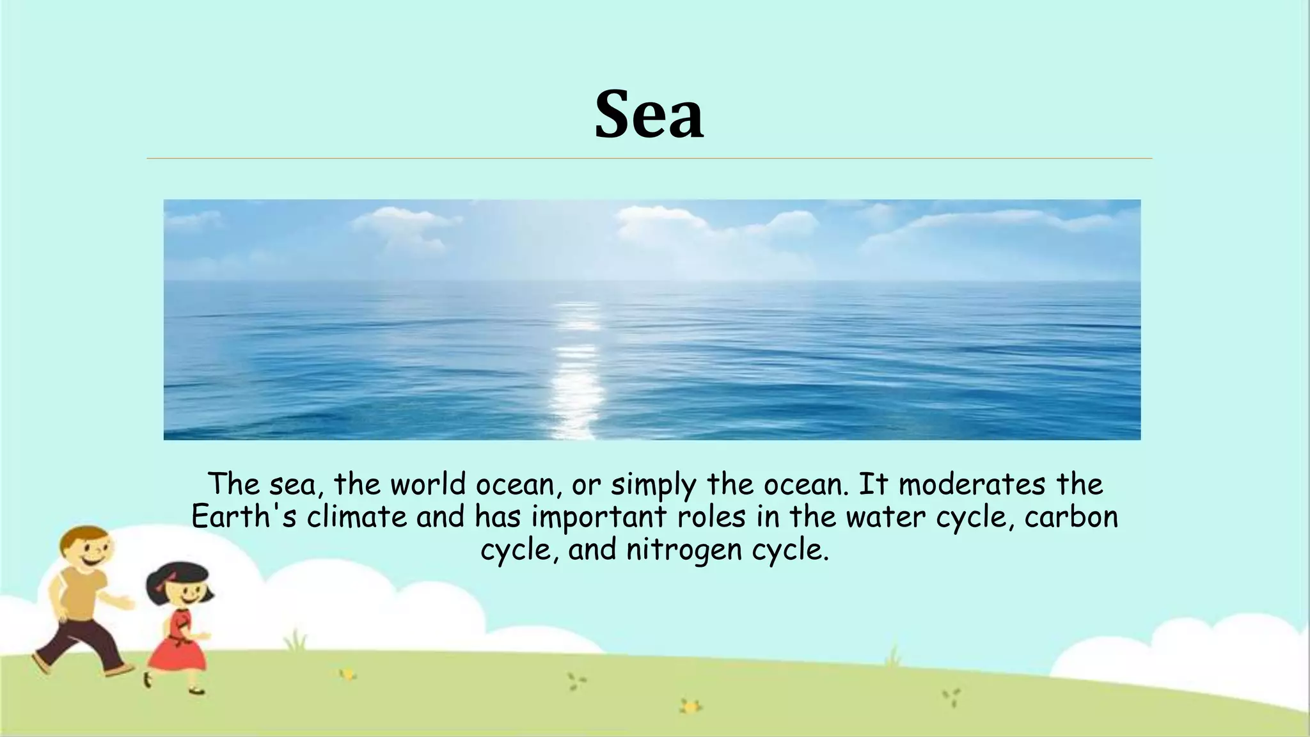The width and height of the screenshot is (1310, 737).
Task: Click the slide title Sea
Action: (649, 115)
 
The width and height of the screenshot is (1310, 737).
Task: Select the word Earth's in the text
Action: (244, 517)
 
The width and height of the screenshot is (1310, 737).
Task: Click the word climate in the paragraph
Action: (356, 517)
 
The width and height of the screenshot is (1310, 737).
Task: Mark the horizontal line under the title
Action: (649, 158)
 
